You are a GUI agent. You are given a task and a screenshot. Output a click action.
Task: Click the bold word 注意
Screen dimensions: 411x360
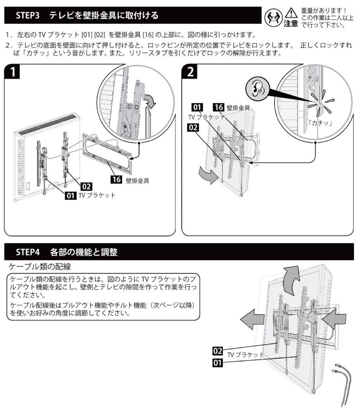click(x=291, y=24)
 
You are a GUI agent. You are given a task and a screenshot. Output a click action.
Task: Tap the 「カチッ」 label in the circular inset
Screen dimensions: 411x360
click(x=320, y=123)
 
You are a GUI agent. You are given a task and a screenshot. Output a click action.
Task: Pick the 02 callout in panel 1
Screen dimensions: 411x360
click(x=86, y=186)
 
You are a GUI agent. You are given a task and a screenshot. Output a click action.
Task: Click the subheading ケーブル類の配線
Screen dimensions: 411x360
click(x=41, y=265)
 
